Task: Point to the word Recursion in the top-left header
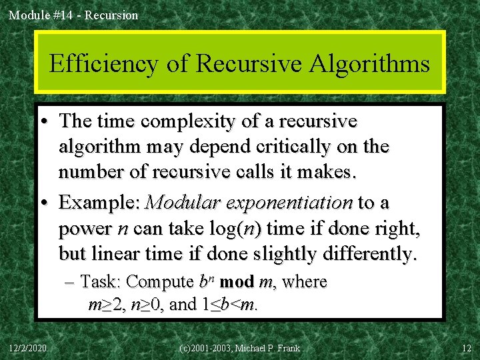[x=113, y=15]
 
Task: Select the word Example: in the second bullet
[x=100, y=202]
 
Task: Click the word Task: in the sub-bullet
[x=101, y=282]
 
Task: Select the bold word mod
[x=236, y=282]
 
